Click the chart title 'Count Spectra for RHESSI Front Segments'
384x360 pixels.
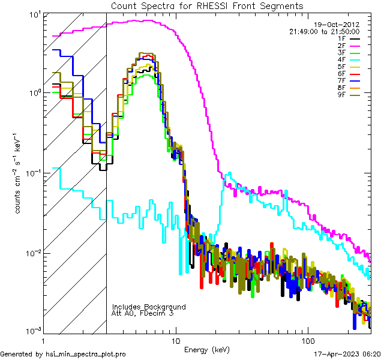point(207,5)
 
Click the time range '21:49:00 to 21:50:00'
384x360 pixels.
point(324,31)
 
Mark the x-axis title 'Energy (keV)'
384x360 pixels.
point(207,349)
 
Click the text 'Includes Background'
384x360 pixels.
point(148,307)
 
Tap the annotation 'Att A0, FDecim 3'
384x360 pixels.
point(142,314)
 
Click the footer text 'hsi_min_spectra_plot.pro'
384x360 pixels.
point(86,355)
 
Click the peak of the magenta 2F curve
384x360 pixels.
point(144,20)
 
